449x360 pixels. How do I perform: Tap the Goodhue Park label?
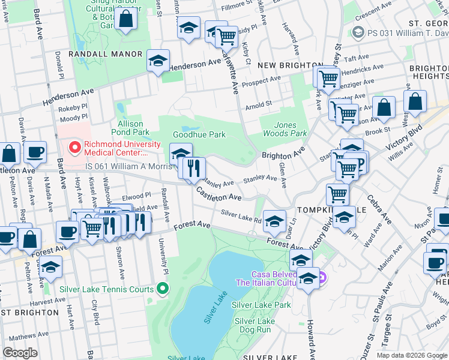click(x=199, y=134)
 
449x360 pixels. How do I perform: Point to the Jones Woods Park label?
click(x=286, y=128)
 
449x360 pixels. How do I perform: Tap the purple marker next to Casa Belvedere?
click(x=321, y=277)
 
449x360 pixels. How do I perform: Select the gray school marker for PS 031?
click(x=359, y=33)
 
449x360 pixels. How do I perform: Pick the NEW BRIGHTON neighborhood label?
click(x=290, y=65)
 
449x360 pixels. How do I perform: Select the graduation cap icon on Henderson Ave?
click(x=158, y=61)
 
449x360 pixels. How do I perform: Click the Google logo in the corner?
click(x=20, y=353)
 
